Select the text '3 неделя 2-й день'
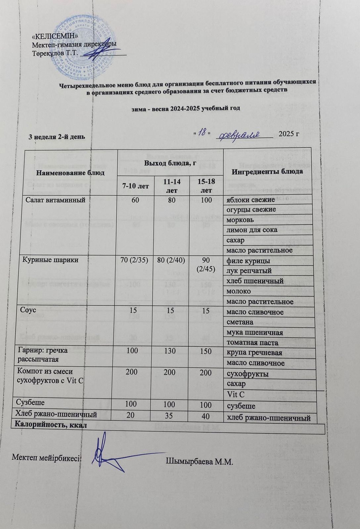tap(58, 137)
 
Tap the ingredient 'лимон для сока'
tap(252, 229)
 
